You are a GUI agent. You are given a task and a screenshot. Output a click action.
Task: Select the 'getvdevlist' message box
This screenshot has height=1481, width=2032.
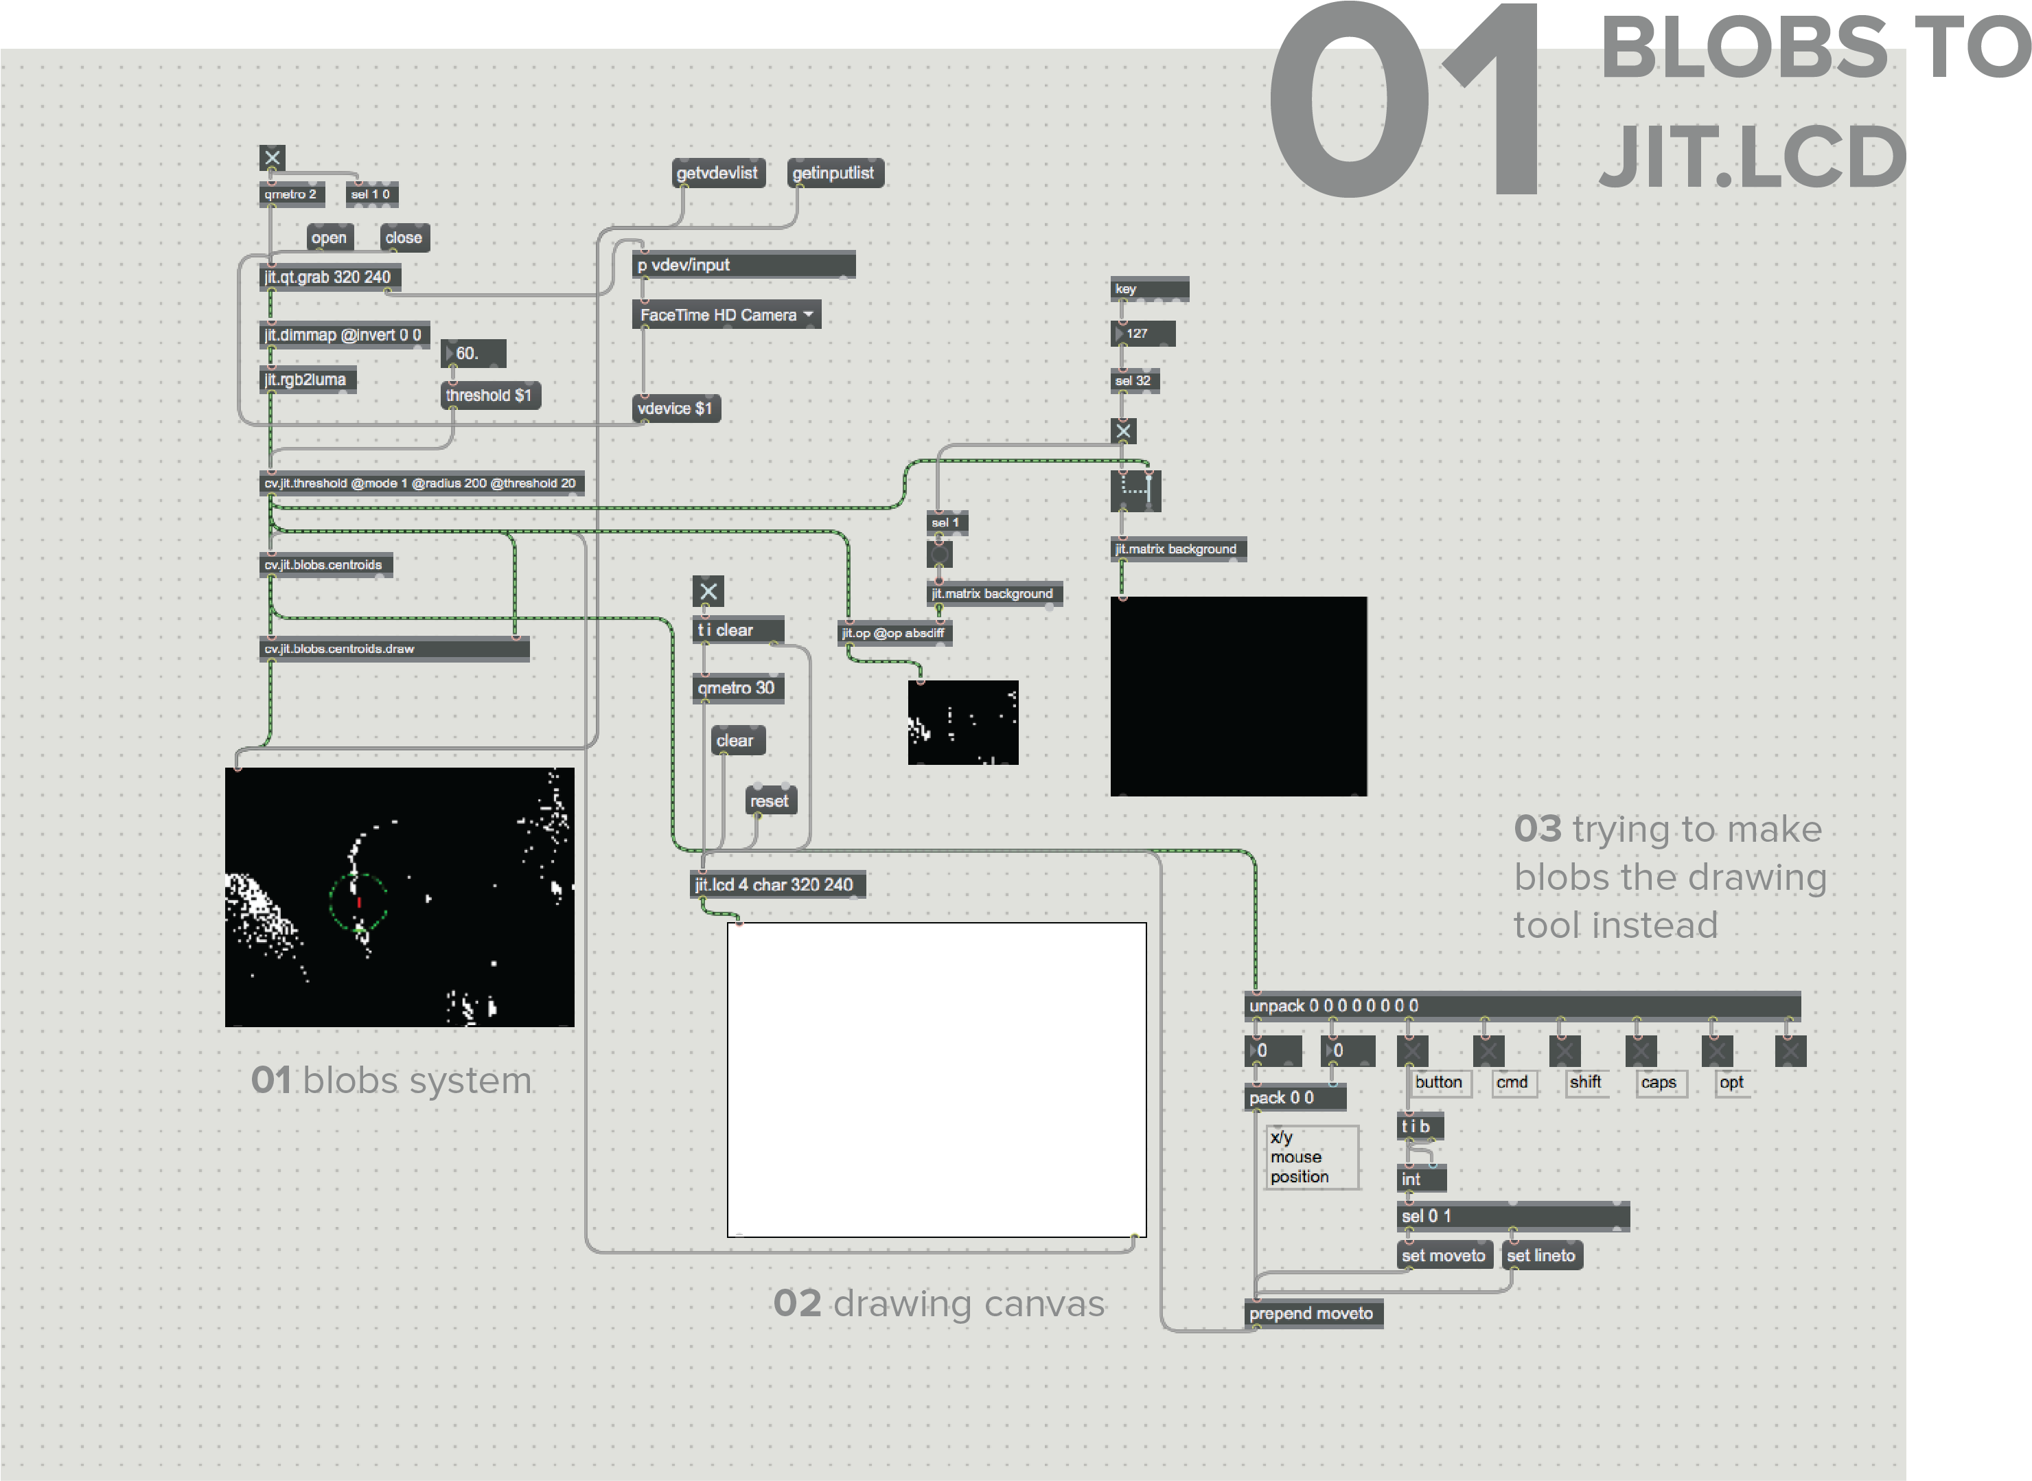tap(718, 173)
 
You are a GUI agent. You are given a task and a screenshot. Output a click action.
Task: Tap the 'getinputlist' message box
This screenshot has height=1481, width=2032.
tap(835, 173)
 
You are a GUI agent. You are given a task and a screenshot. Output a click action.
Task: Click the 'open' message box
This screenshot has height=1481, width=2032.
tap(330, 238)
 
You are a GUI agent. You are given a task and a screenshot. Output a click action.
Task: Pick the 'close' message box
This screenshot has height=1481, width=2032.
tap(404, 238)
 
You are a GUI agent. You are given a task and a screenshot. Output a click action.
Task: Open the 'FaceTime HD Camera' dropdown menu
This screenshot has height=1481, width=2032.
tap(726, 314)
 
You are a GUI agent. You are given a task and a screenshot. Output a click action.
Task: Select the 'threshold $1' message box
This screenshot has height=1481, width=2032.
tap(490, 395)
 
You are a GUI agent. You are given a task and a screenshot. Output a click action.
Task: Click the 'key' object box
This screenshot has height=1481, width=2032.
tap(1149, 288)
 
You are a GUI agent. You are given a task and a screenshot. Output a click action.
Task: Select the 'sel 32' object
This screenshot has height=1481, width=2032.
tap(1135, 381)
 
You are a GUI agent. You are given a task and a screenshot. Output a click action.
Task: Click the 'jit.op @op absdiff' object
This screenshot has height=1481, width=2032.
tap(894, 634)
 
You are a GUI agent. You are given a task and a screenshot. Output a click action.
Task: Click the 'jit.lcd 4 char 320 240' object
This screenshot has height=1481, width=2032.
tap(777, 885)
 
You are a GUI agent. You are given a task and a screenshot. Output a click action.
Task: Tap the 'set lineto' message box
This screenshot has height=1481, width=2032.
tap(1542, 1256)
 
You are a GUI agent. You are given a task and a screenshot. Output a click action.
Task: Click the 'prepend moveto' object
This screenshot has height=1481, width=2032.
tap(1313, 1314)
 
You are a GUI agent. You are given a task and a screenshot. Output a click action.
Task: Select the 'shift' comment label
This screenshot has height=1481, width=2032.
tap(1586, 1083)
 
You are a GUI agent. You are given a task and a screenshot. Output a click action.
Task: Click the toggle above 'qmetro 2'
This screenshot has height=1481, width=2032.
tap(273, 158)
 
